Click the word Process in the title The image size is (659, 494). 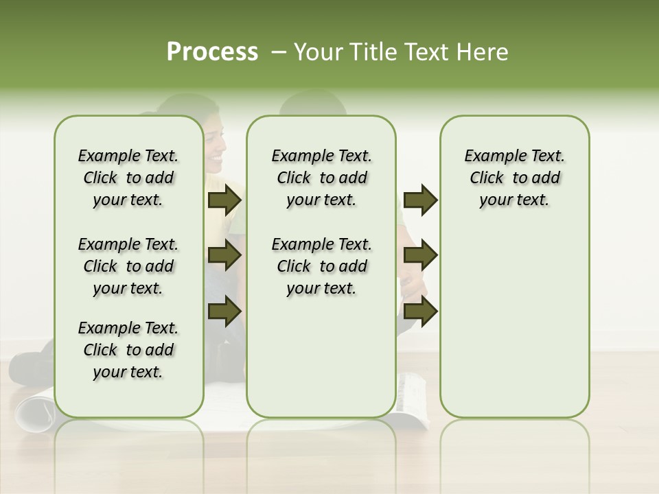click(x=212, y=52)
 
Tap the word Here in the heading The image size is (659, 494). click(x=484, y=52)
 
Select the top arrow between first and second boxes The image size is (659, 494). click(x=224, y=200)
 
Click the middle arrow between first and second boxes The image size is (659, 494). click(x=224, y=255)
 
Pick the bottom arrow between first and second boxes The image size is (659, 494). click(x=224, y=311)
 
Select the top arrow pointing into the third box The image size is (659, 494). click(x=420, y=200)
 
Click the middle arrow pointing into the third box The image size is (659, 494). click(x=420, y=255)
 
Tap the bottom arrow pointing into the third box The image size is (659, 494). click(x=420, y=311)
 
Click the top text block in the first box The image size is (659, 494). click(x=128, y=178)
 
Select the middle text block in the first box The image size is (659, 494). click(x=128, y=266)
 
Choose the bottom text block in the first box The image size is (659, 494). click(x=128, y=350)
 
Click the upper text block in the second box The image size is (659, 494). click(x=321, y=178)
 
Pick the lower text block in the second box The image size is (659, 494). click(x=321, y=266)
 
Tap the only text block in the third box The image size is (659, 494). click(x=514, y=178)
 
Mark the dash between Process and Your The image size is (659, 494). click(x=279, y=52)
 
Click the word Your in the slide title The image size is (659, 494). click(x=318, y=52)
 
